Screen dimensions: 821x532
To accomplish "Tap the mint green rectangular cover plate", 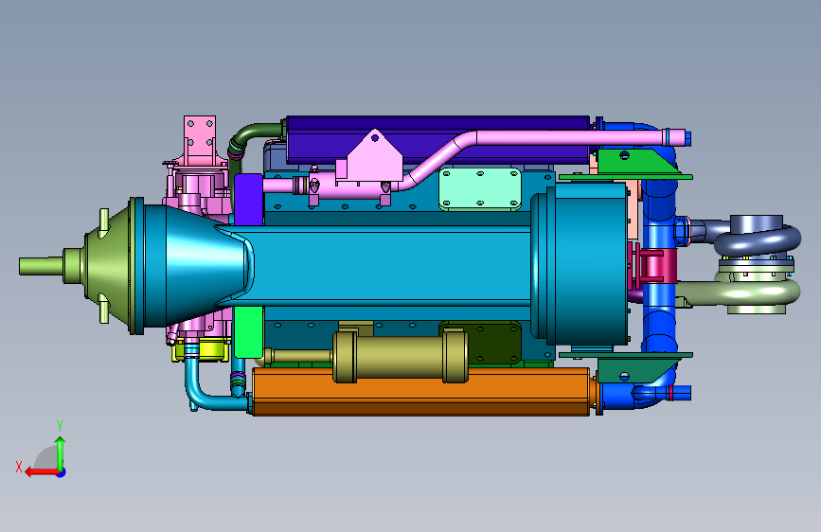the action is click(479, 189).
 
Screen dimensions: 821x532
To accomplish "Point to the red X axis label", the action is click(19, 467).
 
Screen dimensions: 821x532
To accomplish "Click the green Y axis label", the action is click(60, 425).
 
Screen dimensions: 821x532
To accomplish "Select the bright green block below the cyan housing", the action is click(248, 331).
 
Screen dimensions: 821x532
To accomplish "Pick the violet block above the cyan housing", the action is click(248, 200).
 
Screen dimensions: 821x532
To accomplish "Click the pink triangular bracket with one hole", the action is click(374, 157).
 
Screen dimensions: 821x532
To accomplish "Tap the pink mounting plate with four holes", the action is click(200, 138).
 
